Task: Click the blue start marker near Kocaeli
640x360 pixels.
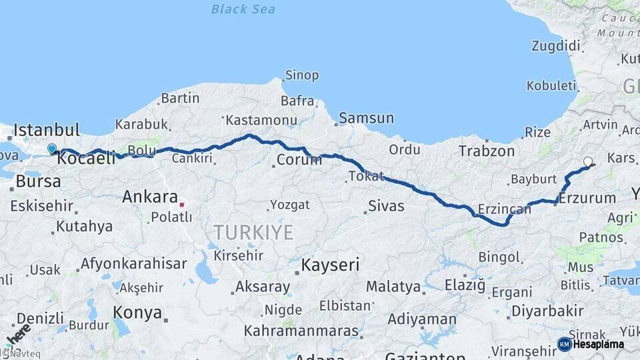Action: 52,148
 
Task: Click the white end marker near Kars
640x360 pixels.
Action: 588,161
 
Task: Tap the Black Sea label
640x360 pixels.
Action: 243,9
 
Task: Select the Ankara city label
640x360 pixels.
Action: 150,197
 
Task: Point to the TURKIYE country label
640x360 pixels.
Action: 253,232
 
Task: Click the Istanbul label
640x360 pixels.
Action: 47,129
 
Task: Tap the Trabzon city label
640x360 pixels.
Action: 487,151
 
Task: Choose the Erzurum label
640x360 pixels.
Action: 587,198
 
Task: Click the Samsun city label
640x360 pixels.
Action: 367,118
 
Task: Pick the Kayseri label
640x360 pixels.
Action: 330,265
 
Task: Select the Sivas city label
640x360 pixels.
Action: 387,205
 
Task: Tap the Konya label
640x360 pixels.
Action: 137,312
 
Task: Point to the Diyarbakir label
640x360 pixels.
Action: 547,311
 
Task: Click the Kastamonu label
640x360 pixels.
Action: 261,120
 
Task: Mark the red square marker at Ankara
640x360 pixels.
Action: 181,204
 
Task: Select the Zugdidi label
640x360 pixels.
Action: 555,46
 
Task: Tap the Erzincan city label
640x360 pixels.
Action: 504,209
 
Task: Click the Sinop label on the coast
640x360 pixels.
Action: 302,75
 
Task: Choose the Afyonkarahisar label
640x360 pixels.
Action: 133,263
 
